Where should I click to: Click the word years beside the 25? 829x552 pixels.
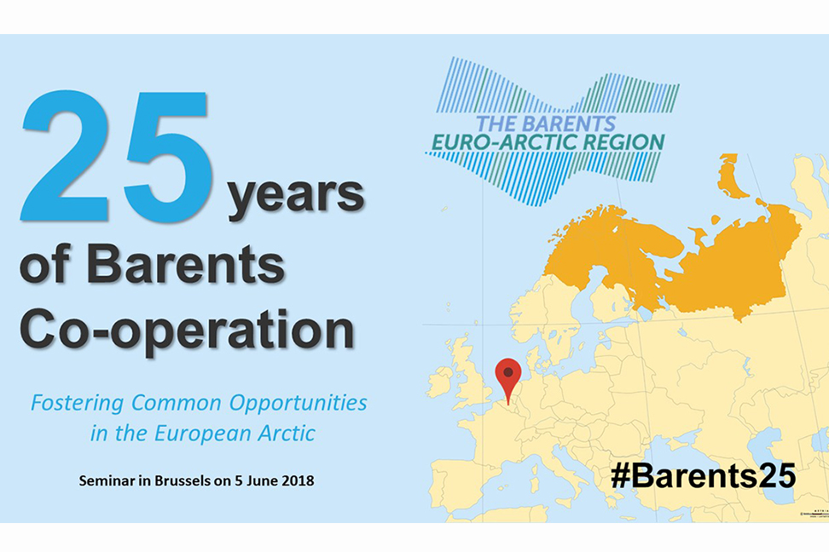[x=294, y=197]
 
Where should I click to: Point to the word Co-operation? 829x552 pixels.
[x=187, y=328]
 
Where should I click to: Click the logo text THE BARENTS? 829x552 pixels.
[x=545, y=123]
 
